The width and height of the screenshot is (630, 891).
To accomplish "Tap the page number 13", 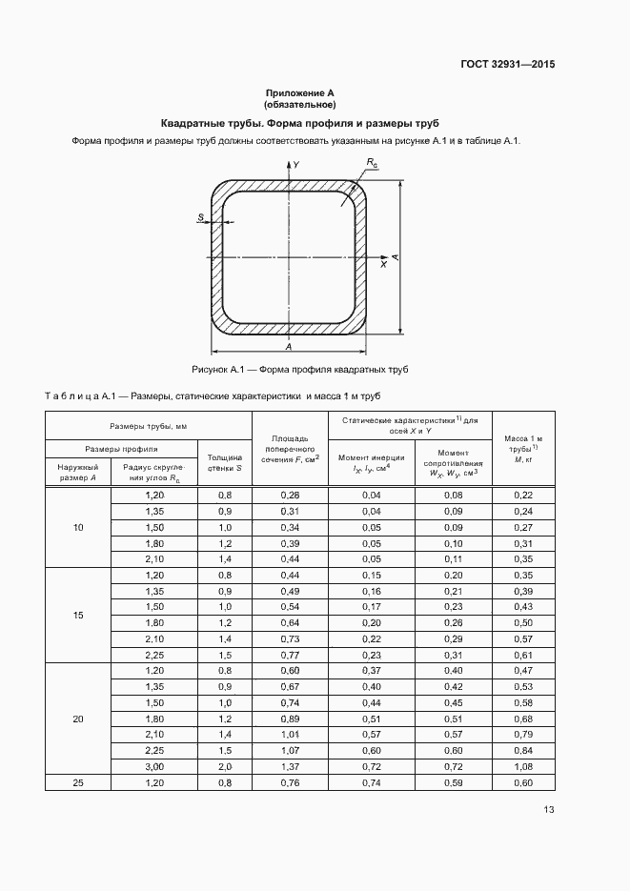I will pyautogui.click(x=549, y=810).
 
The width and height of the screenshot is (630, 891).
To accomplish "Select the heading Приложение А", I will pyautogui.click(x=300, y=93).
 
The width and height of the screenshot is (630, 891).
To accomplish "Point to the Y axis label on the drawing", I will pyautogui.click(x=296, y=165).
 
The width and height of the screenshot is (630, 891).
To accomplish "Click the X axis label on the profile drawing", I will pyautogui.click(x=383, y=266).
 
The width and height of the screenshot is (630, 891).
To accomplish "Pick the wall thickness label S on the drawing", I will pyautogui.click(x=201, y=218).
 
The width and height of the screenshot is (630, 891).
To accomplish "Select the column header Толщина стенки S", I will pyautogui.click(x=224, y=463).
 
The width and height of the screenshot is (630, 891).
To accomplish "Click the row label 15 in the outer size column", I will pyautogui.click(x=78, y=615).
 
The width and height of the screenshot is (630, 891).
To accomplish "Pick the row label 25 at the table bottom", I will pyautogui.click(x=78, y=782).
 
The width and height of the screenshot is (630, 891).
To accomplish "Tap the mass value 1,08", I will pyautogui.click(x=523, y=766).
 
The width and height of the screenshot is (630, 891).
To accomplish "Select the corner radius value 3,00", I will pyautogui.click(x=153, y=766).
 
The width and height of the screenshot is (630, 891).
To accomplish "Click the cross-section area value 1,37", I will pyautogui.click(x=290, y=766).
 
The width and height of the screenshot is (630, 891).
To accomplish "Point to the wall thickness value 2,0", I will pyautogui.click(x=224, y=766).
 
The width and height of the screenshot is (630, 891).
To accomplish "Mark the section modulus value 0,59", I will pyautogui.click(x=453, y=782).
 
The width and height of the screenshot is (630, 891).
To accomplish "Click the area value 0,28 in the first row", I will pyautogui.click(x=290, y=496).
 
